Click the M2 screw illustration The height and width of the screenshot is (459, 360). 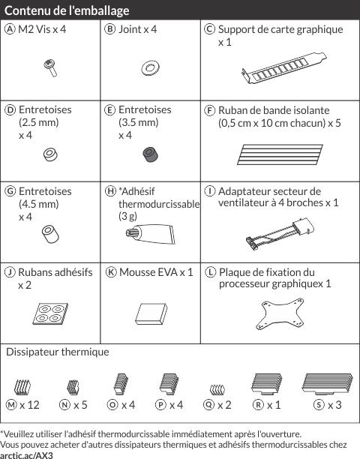click(50, 68)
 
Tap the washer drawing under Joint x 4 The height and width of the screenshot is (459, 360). click(150, 68)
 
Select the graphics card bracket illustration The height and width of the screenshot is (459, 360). click(284, 68)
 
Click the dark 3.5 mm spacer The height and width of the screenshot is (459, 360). click(151, 154)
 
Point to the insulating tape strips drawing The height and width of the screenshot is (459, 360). click(280, 154)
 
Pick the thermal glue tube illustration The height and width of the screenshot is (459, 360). click(150, 233)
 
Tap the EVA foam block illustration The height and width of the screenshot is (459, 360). click(151, 313)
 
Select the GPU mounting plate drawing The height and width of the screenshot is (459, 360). click(280, 313)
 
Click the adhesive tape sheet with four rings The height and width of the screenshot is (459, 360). click(50, 313)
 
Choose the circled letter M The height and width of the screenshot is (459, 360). click(11, 405)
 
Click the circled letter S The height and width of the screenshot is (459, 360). click(319, 405)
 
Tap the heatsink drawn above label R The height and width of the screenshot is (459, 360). click(267, 383)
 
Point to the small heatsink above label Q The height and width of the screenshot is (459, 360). click(217, 389)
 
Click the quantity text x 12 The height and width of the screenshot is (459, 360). click(29, 405)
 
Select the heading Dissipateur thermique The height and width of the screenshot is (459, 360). click(57, 352)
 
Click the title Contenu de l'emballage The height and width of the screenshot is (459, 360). click(67, 10)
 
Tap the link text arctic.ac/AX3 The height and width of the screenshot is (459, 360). click(26, 455)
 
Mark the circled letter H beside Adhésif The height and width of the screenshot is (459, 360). click(111, 191)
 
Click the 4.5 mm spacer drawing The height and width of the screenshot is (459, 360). click(50, 234)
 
